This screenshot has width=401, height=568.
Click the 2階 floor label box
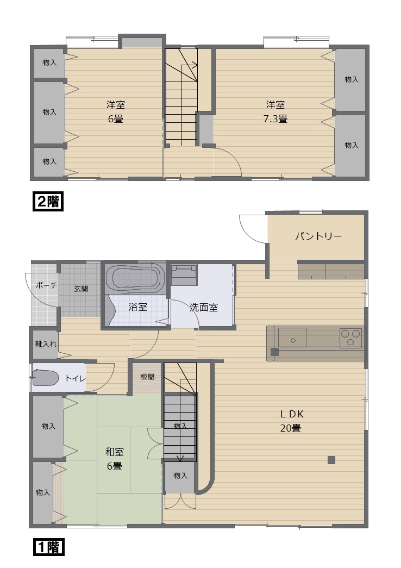[49, 201]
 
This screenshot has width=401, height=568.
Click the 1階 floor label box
[49, 547]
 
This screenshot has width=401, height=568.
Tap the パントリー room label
[318, 236]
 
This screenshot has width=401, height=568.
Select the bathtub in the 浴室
[135, 279]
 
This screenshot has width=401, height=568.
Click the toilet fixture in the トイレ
[46, 378]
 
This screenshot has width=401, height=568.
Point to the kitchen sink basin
[292, 338]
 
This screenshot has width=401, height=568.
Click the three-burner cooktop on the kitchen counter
[350, 338]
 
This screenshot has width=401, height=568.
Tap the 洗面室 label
[204, 307]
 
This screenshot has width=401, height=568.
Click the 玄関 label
[81, 289]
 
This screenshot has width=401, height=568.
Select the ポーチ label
[46, 285]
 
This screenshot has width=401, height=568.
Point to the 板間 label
[147, 377]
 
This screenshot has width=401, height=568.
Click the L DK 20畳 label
[291, 421]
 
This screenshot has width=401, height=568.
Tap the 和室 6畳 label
[114, 458]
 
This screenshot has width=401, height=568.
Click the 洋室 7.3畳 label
[275, 111]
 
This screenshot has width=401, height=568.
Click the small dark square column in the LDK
[331, 460]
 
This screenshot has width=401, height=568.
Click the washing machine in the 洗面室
[184, 274]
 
